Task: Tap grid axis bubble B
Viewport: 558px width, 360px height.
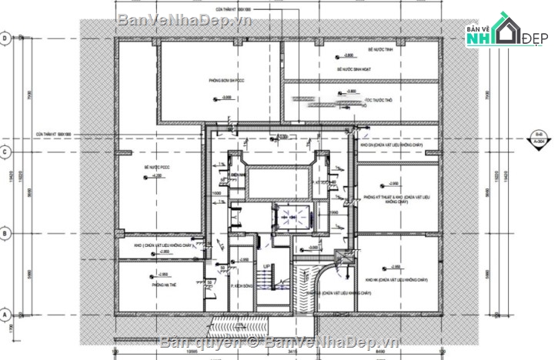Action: [5, 232]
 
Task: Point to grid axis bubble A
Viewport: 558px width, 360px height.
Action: [5, 315]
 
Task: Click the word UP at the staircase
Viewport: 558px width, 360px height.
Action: [267, 267]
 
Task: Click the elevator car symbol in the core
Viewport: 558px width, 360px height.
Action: [292, 217]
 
